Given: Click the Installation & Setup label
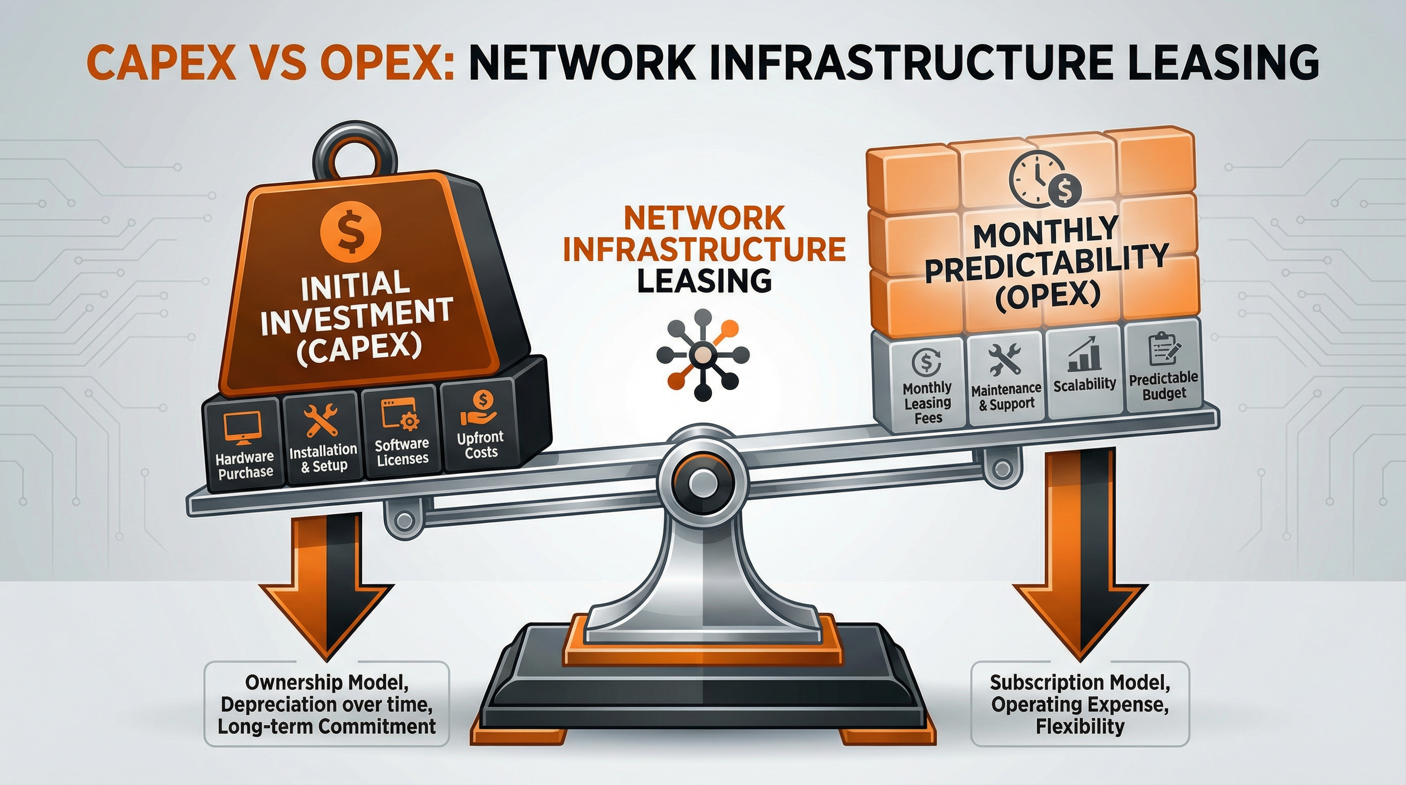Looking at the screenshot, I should click(x=323, y=457).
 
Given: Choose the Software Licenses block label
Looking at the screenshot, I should click(x=402, y=451).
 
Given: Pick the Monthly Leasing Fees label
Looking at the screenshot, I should click(x=927, y=403).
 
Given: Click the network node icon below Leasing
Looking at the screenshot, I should click(x=702, y=355).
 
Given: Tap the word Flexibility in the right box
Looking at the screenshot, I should click(x=1080, y=727).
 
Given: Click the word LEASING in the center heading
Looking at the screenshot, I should click(x=704, y=281).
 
